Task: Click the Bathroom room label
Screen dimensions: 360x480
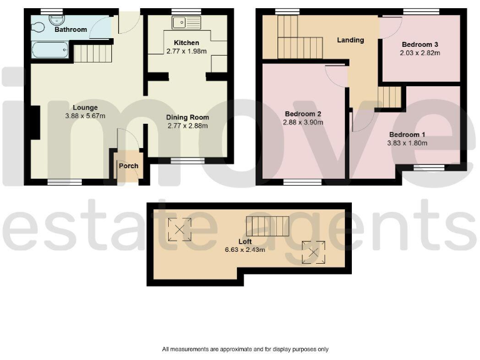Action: tap(70, 29)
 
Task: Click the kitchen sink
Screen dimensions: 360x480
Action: tap(187, 24)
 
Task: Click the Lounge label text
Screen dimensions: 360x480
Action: tap(84, 107)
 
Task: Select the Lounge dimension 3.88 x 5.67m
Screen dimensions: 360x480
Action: tap(84, 116)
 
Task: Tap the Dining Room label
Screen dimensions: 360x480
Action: tap(187, 117)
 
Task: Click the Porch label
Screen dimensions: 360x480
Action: tap(128, 166)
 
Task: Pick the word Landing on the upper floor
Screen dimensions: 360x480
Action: tap(350, 40)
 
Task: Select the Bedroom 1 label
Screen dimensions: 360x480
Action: tap(407, 134)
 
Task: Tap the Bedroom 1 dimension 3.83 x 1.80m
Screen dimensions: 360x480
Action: tap(407, 142)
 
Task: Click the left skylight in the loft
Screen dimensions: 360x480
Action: tap(180, 229)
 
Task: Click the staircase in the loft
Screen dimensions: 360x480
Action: tap(268, 225)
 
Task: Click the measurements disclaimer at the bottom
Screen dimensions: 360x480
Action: tap(245, 349)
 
